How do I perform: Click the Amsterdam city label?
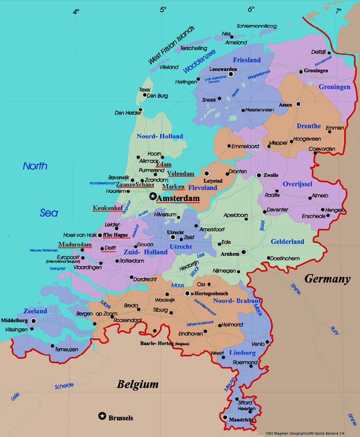click(178, 198)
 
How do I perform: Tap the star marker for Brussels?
click(102, 416)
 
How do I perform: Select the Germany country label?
click(327, 279)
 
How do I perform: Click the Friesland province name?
click(246, 60)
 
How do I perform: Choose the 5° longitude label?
click(163, 10)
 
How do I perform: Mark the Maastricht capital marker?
click(225, 417)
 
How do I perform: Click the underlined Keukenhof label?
click(107, 208)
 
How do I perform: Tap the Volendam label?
click(181, 174)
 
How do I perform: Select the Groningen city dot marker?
click(301, 72)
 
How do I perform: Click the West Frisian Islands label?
click(171, 45)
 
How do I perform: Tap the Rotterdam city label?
click(132, 261)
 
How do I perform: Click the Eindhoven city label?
click(191, 334)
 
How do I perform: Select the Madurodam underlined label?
click(75, 244)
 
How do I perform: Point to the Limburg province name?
click(242, 353)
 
